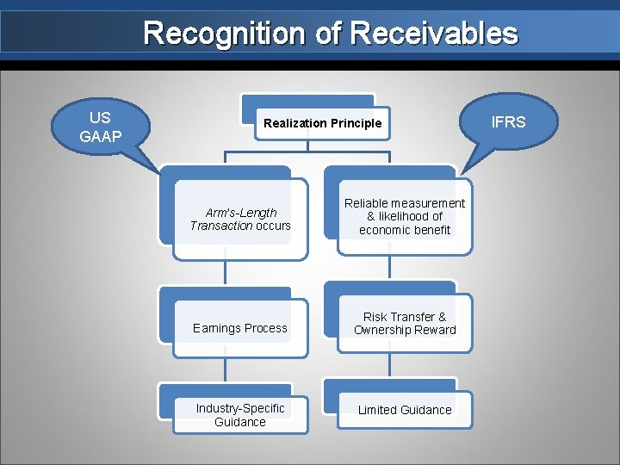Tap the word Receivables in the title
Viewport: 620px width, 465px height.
434,34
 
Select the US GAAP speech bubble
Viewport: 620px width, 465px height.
100,126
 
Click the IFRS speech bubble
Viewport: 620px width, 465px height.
507,122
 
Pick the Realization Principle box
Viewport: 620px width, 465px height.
322,123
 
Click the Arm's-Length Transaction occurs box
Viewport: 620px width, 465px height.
240,220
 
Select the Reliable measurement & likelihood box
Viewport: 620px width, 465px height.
404,216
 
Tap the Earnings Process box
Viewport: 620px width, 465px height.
240,328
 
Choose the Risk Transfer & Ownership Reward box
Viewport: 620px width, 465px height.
404,324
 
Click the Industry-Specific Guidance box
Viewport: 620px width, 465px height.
240,415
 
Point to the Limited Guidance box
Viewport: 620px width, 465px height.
404,410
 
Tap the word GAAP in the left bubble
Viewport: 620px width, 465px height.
100,136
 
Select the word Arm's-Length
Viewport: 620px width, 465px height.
241,213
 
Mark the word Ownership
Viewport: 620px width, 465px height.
384,330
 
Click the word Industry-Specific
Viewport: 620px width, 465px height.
240,408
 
